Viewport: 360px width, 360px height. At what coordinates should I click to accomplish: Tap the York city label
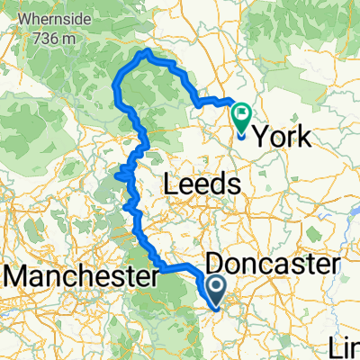pyautogui.click(x=285, y=138)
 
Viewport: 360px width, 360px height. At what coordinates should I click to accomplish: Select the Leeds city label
pyautogui.click(x=202, y=184)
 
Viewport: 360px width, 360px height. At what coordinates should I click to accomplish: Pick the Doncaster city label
pyautogui.click(x=274, y=264)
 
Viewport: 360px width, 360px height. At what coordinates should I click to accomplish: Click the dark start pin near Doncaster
pyautogui.click(x=219, y=289)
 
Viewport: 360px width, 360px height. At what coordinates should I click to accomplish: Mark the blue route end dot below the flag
pyautogui.click(x=241, y=137)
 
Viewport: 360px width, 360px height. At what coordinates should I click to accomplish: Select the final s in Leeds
pyautogui.click(x=235, y=184)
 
